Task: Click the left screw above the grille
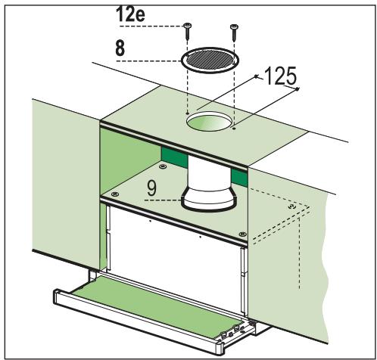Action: [x=185, y=29]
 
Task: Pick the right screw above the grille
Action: [x=232, y=29]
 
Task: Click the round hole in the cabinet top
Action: [x=210, y=119]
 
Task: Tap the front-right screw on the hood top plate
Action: [x=241, y=233]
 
